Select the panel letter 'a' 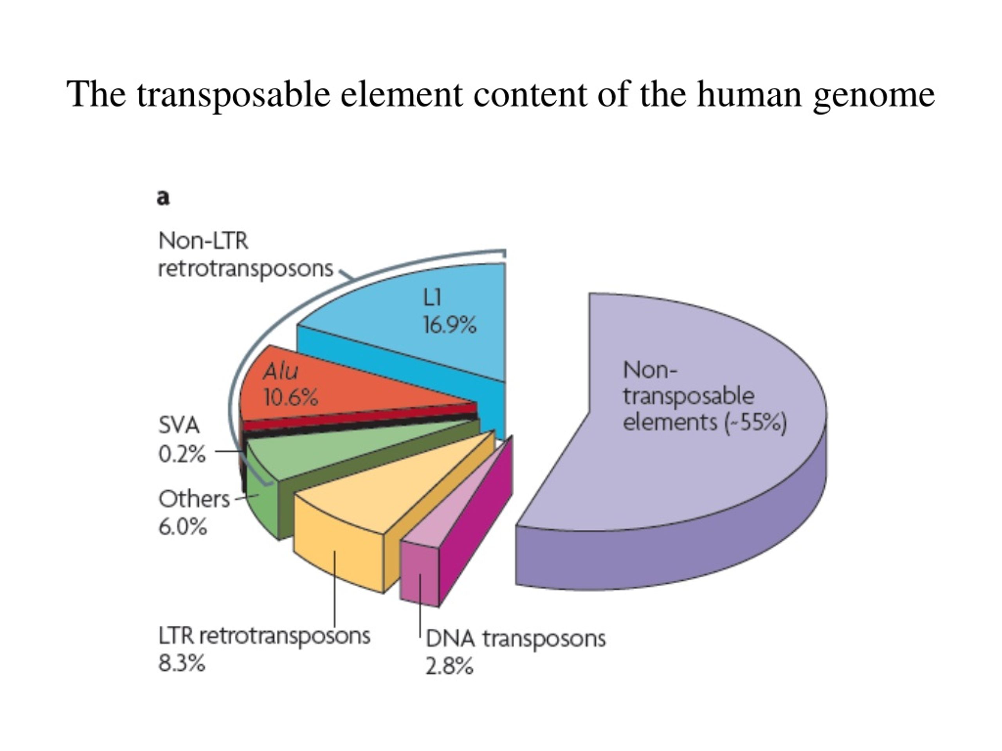[164, 198]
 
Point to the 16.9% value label [450, 325]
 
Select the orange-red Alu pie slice [344, 385]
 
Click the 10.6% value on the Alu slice [291, 398]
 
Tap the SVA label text [179, 426]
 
